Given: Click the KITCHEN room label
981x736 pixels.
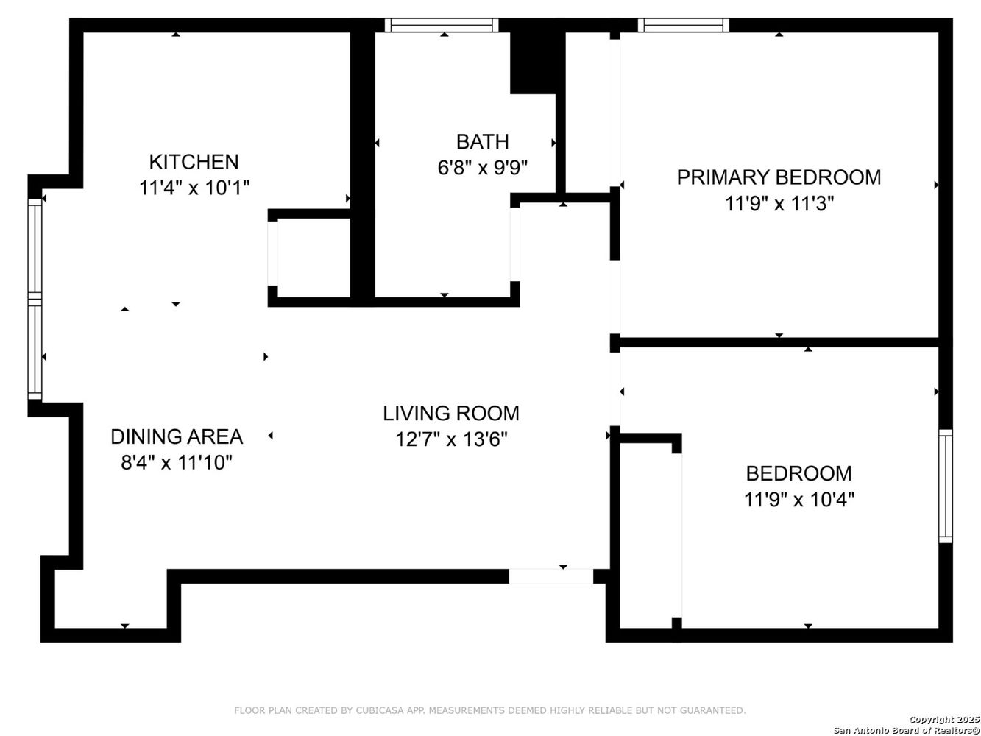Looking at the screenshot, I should (x=194, y=161).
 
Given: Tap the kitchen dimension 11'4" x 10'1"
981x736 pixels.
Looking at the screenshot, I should (x=194, y=188).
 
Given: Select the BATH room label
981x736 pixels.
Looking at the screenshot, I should (x=482, y=141).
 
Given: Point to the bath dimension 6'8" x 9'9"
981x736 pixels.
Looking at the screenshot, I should (x=483, y=168).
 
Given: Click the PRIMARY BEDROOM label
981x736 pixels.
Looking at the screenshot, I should (x=779, y=177).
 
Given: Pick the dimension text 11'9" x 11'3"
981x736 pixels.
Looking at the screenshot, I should (x=779, y=203).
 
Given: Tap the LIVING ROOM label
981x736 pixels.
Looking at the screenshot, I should (x=451, y=413).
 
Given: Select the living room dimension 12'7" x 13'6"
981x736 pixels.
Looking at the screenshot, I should (x=451, y=439).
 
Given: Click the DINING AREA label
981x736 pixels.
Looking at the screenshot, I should (x=177, y=436).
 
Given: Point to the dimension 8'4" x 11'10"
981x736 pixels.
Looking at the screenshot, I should (x=177, y=463).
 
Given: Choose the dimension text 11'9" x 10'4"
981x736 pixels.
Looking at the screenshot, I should (x=798, y=500).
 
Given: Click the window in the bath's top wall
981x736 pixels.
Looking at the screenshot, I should (x=442, y=26).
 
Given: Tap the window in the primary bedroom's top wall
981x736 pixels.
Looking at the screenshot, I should (x=684, y=26).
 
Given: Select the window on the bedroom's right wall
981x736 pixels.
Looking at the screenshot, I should (x=945, y=486).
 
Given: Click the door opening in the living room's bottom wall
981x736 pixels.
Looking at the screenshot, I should (x=551, y=576).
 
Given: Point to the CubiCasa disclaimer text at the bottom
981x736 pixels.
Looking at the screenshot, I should (x=489, y=710).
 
